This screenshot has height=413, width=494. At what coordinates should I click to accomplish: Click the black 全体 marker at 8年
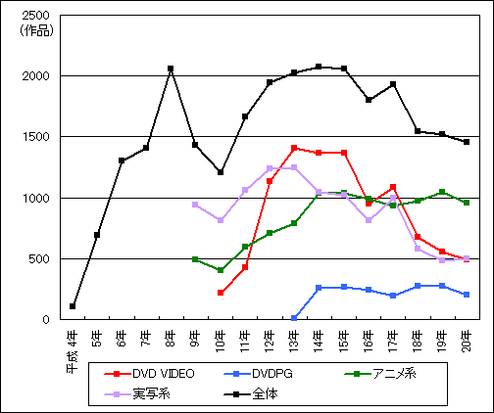pyautogui.click(x=171, y=69)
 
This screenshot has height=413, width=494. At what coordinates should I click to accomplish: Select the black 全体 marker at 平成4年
pyautogui.click(x=73, y=306)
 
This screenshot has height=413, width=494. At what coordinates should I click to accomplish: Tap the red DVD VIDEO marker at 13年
pyautogui.click(x=294, y=148)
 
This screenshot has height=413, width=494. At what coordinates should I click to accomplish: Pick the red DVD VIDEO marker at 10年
pyautogui.click(x=221, y=293)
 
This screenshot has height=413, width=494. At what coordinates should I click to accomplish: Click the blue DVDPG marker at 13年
pyautogui.click(x=294, y=318)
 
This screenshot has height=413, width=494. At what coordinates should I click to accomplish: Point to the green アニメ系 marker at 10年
pyautogui.click(x=221, y=270)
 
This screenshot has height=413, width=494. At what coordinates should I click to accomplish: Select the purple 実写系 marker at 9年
pyautogui.click(x=195, y=205)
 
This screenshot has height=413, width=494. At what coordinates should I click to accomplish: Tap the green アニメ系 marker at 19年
pyautogui.click(x=442, y=192)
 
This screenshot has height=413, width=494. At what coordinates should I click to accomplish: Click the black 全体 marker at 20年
pyautogui.click(x=467, y=142)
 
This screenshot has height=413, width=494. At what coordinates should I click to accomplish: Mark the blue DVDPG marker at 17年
pyautogui.click(x=393, y=296)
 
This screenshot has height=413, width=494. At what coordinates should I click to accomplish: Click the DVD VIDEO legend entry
pyautogui.click(x=149, y=374)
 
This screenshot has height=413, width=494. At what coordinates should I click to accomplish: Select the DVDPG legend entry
pyautogui.click(x=258, y=374)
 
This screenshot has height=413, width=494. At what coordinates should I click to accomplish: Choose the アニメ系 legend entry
pyautogui.click(x=380, y=374)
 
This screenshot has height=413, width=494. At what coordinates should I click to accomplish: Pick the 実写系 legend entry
pyautogui.click(x=137, y=394)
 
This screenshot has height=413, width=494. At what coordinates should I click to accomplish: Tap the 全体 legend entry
pyautogui.click(x=251, y=394)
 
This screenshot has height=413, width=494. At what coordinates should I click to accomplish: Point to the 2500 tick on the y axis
pyautogui.click(x=35, y=16)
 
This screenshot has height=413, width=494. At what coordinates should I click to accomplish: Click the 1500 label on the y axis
pyautogui.click(x=35, y=137)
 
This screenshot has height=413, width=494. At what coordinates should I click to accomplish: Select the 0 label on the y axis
pyautogui.click(x=46, y=319)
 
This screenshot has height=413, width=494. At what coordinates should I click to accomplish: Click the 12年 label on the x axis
pyautogui.click(x=270, y=342)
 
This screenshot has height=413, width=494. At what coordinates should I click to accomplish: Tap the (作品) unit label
pyautogui.click(x=36, y=30)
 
